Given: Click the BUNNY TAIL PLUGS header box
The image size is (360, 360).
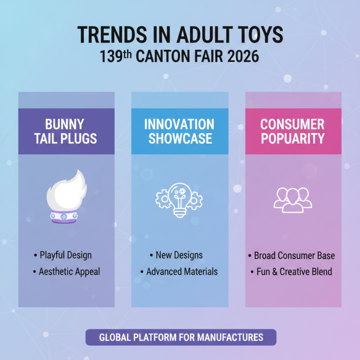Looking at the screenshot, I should [x=66, y=131].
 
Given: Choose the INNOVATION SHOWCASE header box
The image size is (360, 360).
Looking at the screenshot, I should [x=180, y=131].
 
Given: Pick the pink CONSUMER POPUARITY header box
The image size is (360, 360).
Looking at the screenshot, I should [x=293, y=131].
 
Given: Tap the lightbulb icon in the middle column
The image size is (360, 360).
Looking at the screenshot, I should [x=180, y=197].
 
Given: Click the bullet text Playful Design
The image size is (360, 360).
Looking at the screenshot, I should [x=65, y=255].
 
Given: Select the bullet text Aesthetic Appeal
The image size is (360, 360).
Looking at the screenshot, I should [x=69, y=271].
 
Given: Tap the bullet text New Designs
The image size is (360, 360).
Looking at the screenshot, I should [x=179, y=255].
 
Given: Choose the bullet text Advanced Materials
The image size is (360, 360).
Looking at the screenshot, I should [x=182, y=271].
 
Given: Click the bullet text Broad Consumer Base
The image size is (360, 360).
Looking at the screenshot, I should [x=294, y=256].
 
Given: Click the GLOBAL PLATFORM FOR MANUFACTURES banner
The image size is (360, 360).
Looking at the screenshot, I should [x=180, y=337].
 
